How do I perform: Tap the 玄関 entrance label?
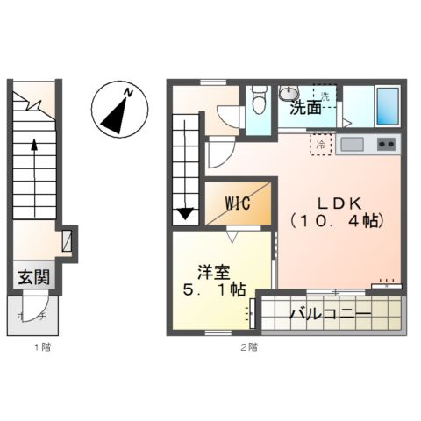click(34, 277)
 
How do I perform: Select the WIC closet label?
click(238, 203)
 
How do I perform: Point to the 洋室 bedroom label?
click(214, 272)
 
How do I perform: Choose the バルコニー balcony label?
click(329, 313)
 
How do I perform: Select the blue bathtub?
click(386, 105)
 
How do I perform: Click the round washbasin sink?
click(289, 93)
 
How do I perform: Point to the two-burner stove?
click(386, 144)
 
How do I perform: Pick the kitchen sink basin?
click(353, 143)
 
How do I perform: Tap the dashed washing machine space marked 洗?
click(325, 96)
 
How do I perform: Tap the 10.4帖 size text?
click(339, 221)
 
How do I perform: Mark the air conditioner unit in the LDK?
click(387, 284)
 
